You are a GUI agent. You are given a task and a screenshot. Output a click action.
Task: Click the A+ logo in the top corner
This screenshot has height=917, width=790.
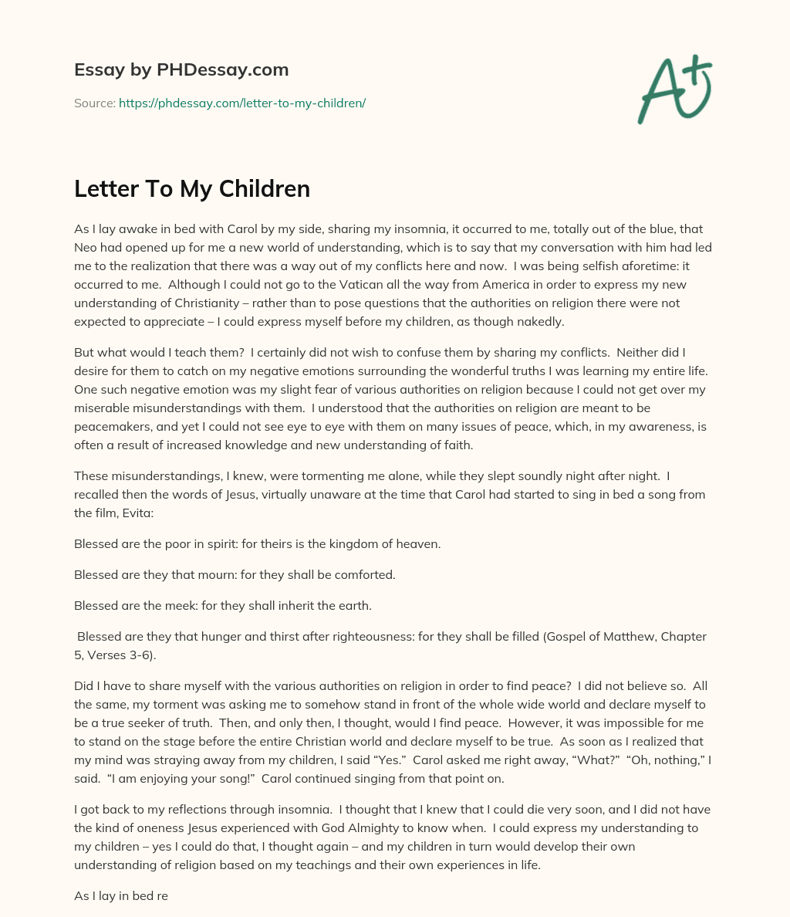(x=674, y=90)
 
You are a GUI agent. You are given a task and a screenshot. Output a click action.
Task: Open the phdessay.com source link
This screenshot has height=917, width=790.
(x=241, y=103)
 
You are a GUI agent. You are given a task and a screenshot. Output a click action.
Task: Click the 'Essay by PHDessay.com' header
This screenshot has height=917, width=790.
(x=181, y=69)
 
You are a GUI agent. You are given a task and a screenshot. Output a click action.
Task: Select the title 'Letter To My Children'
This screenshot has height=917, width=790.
(x=192, y=188)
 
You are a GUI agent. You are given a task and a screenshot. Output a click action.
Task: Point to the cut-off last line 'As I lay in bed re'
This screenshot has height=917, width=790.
(x=121, y=895)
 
